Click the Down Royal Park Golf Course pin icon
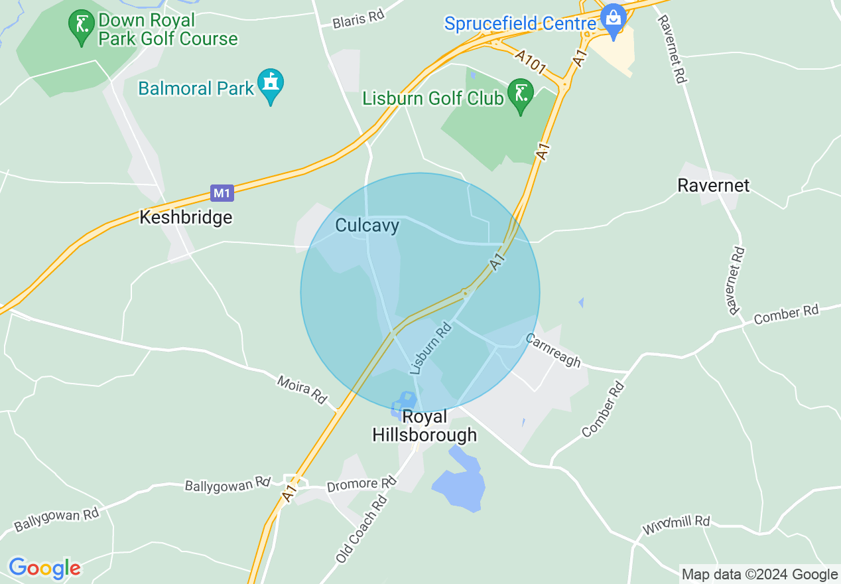point(81,27)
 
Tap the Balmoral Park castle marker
point(271,84)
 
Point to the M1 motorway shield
point(222,193)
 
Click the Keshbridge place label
point(186,217)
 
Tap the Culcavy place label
point(367,226)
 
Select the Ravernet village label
point(713,185)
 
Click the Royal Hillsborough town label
point(424,425)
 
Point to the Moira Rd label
point(302,389)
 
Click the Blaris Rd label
point(359,20)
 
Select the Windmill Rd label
point(677,525)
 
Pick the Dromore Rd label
point(361,485)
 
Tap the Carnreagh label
point(552,350)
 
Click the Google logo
point(44,568)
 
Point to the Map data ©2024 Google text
point(759,574)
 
